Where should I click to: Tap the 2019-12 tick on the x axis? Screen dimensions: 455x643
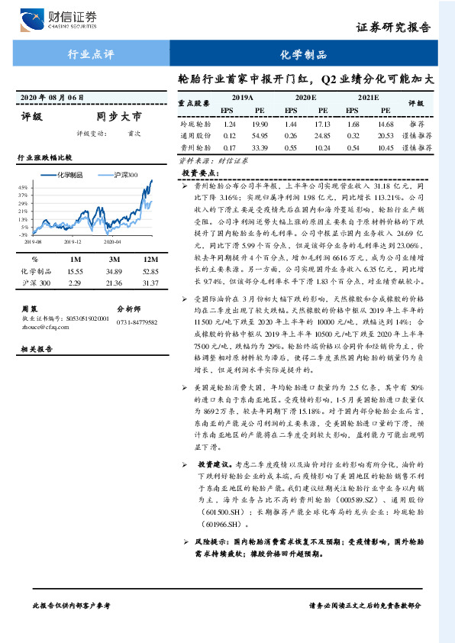[73, 241]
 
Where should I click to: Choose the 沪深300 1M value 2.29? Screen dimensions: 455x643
[74, 283]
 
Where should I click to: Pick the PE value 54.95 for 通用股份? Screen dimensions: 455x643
[260, 135]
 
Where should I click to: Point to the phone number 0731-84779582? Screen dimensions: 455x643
[137, 323]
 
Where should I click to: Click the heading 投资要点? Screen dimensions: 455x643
[196, 173]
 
